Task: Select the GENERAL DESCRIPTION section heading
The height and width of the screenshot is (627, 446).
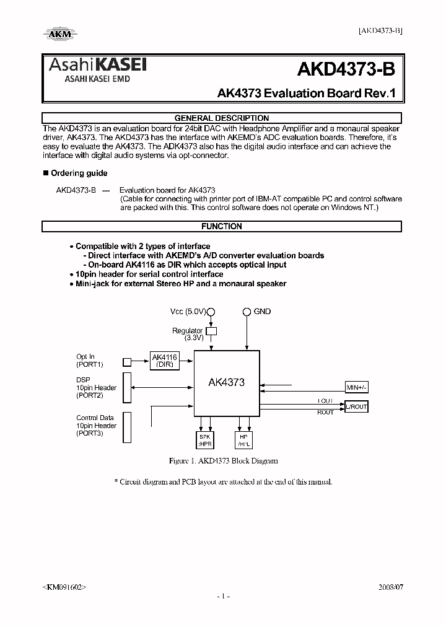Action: pos(222,118)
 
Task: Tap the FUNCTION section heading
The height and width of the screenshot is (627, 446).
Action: pos(222,227)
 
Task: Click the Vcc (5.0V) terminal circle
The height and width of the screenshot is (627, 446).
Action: pos(211,312)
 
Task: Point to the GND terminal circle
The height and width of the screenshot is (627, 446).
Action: pos(247,312)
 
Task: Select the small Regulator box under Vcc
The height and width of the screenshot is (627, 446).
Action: pos(211,331)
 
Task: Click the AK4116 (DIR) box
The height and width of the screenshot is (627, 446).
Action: pos(164,361)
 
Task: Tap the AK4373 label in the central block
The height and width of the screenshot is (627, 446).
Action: pos(226,382)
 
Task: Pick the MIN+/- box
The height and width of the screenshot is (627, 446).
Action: pos(356,387)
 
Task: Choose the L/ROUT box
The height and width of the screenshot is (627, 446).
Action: pos(356,406)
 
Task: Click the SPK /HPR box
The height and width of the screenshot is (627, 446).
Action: pos(206,440)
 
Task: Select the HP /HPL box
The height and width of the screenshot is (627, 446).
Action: pos(242,440)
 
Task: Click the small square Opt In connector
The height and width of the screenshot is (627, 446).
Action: pos(127,362)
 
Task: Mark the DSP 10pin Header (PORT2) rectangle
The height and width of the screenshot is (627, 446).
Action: pos(127,387)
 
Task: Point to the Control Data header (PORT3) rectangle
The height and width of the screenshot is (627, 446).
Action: pos(127,427)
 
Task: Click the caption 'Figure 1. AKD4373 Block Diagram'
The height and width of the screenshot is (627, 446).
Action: pos(224,461)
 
